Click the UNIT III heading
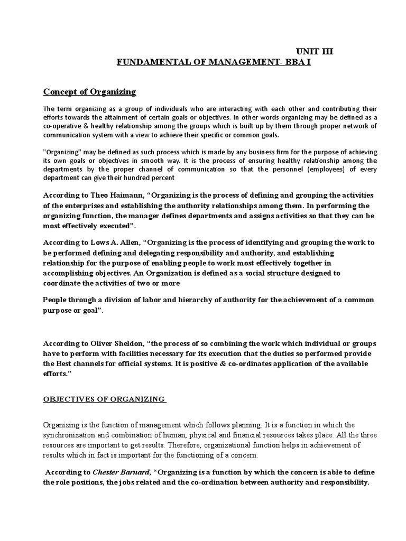(315, 51)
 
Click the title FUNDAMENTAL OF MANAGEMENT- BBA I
(218, 63)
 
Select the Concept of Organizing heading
(89, 92)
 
